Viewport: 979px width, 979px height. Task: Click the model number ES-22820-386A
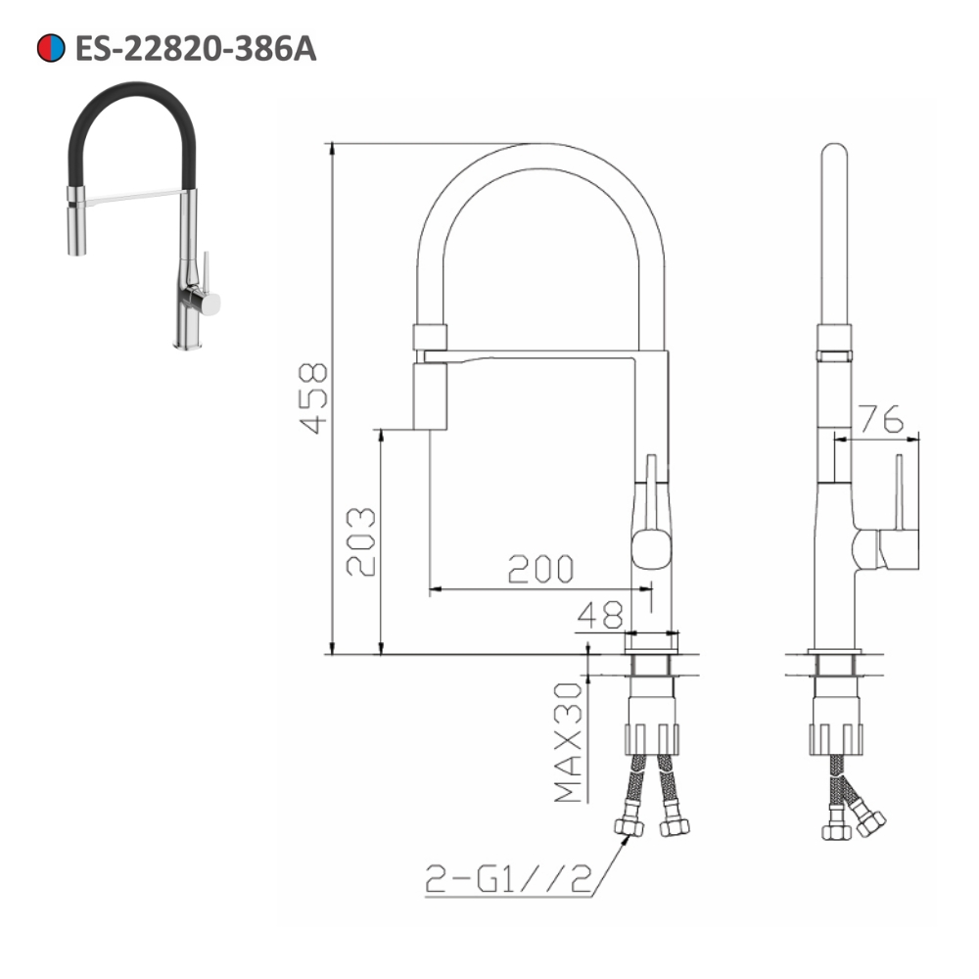point(195,48)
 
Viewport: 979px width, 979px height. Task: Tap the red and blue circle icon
point(50,48)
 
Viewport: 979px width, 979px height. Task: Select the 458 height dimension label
point(312,396)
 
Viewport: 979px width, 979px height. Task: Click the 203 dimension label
point(359,541)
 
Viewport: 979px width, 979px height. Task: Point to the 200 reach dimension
point(539,569)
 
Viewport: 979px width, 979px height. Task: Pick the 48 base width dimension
point(599,615)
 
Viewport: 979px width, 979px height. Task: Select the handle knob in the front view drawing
point(652,547)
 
